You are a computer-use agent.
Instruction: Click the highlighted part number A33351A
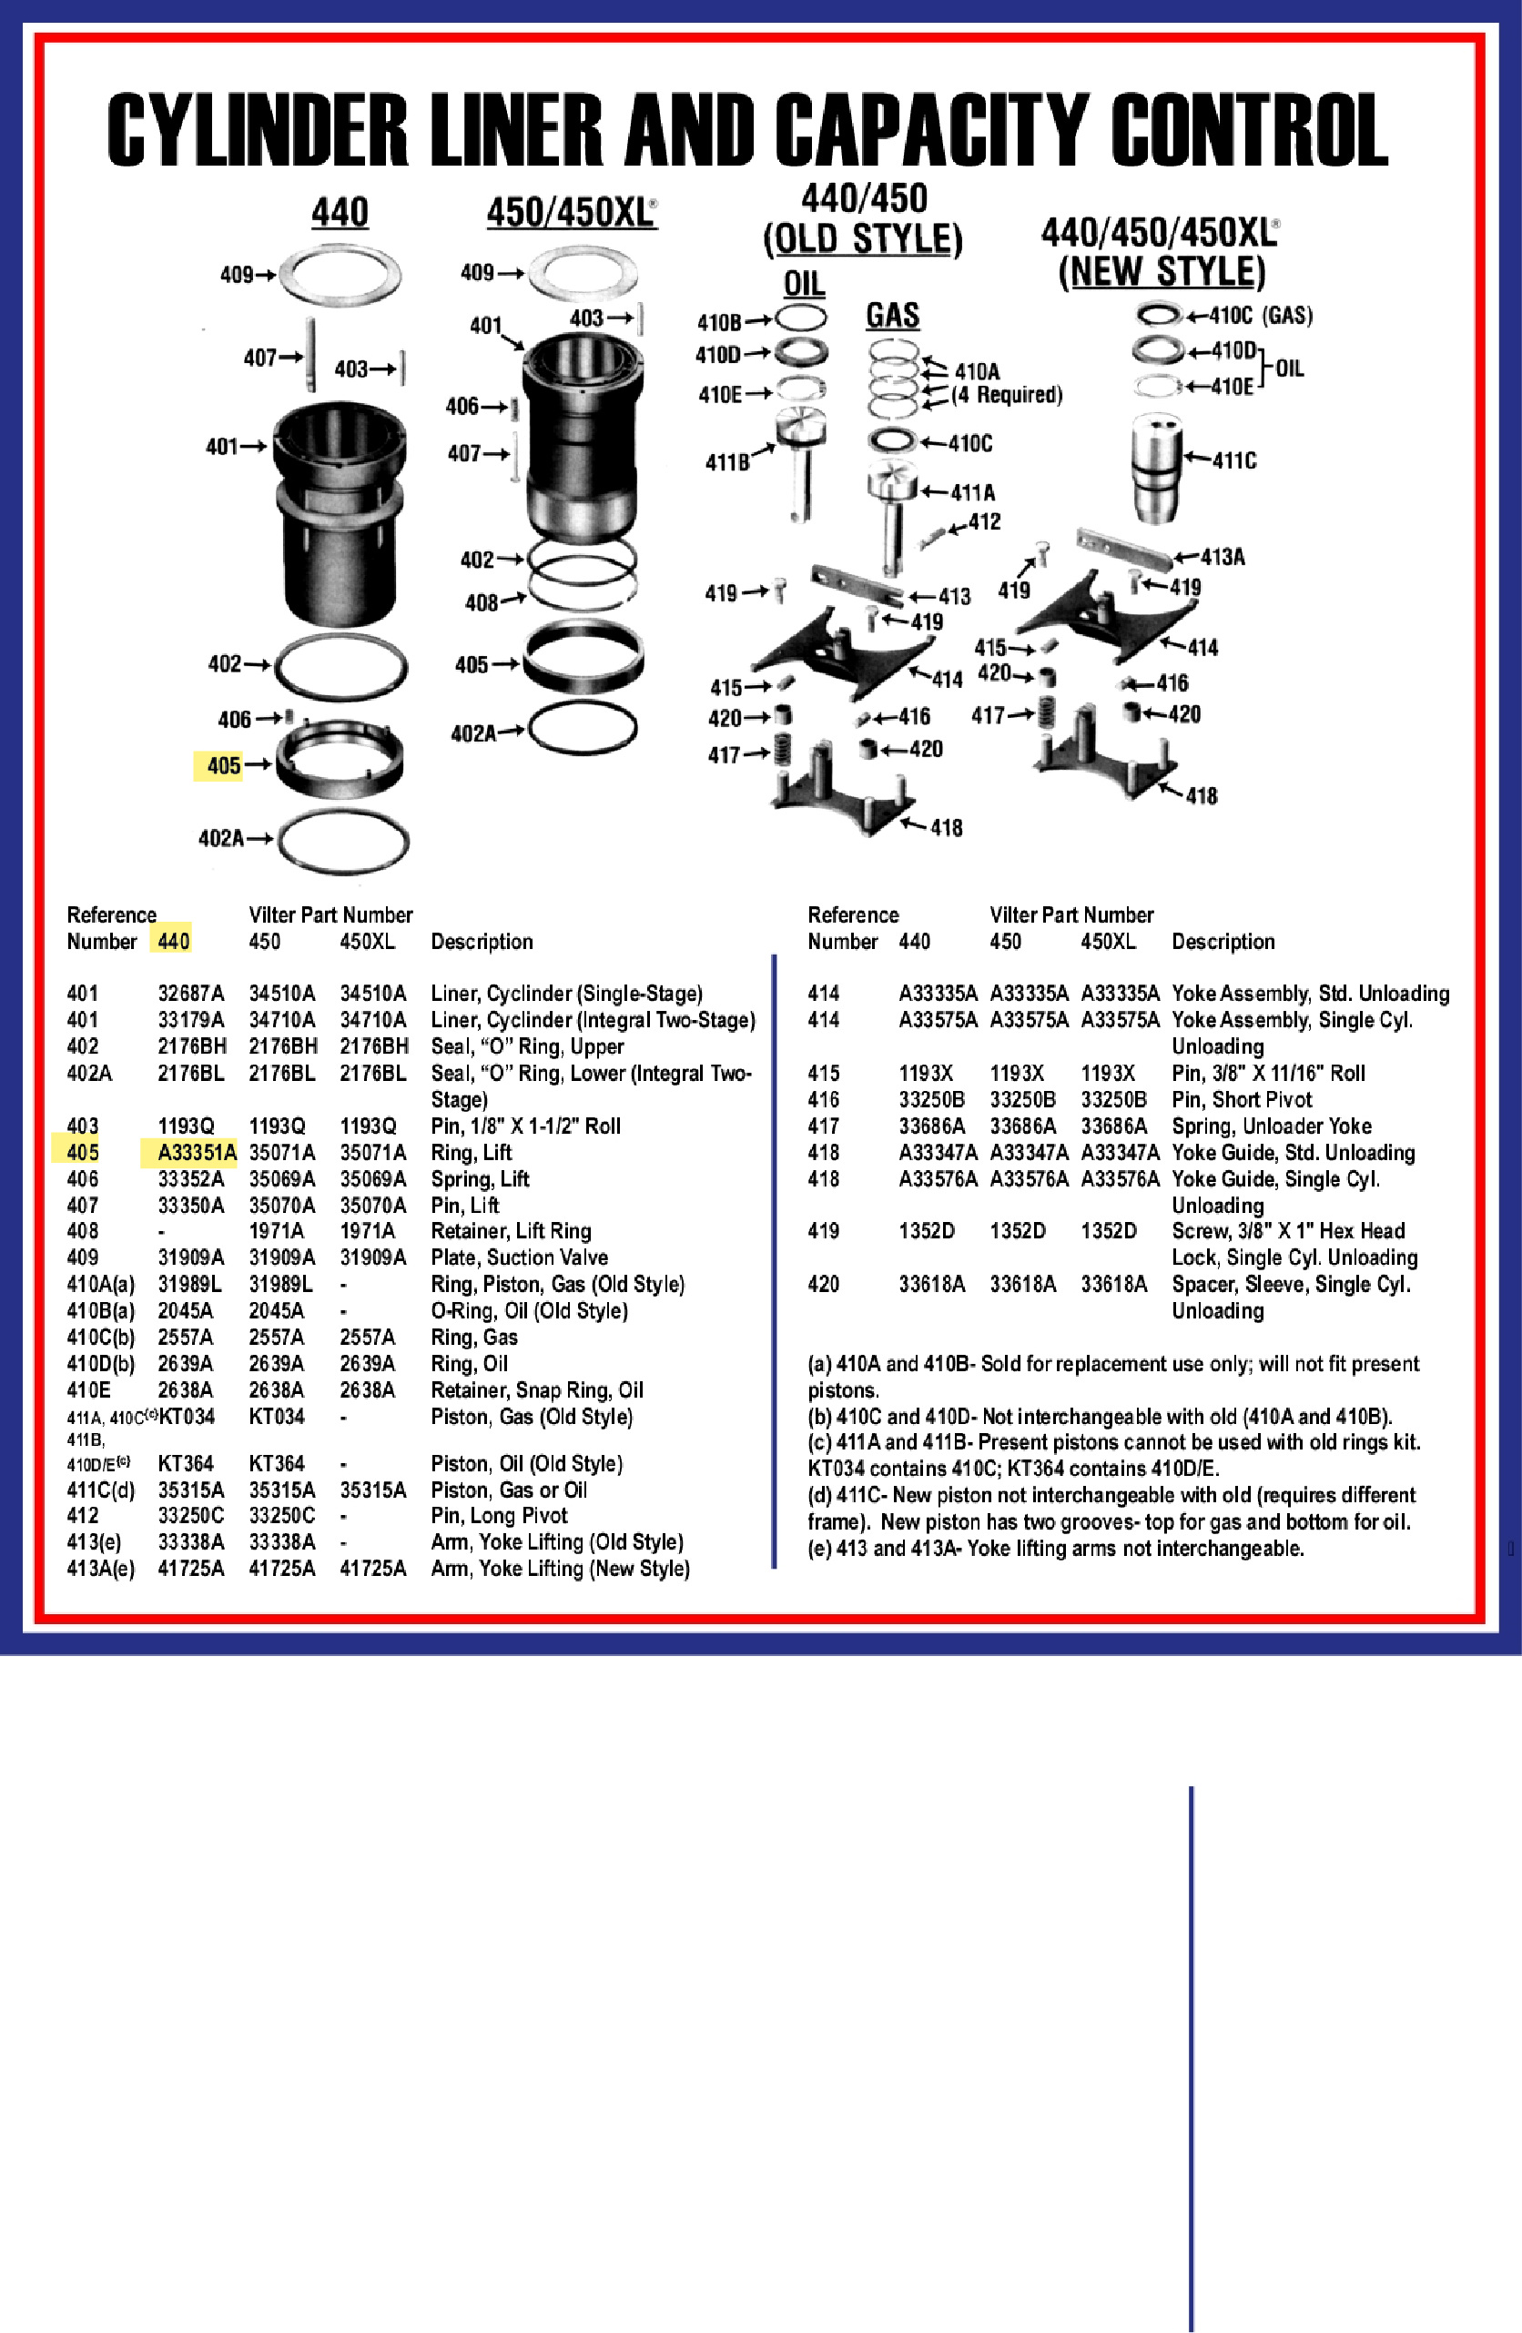coord(195,1153)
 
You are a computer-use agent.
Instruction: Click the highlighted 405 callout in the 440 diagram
coord(223,765)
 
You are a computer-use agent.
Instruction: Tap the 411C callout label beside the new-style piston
coord(1233,460)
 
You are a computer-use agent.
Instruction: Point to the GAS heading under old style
coord(892,316)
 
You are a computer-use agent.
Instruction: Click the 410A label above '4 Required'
coord(977,371)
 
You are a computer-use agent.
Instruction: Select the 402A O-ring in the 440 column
coord(342,840)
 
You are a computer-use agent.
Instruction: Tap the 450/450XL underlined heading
coord(571,213)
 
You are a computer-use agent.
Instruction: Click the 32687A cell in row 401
coord(190,994)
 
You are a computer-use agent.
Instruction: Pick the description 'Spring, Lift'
coord(480,1179)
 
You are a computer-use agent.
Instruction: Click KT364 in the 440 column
coord(186,1463)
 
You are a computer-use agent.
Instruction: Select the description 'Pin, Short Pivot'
coord(1241,1100)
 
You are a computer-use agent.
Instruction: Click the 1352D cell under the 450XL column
coord(1108,1231)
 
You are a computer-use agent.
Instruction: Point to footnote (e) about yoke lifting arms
coord(1055,1549)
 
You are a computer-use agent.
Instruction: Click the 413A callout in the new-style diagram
coord(1222,558)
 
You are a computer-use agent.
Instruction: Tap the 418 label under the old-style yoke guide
coord(946,828)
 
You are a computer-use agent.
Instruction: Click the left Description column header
coord(482,942)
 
